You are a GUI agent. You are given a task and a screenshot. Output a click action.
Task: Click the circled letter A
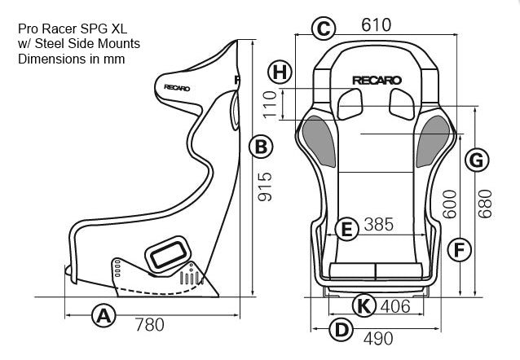tap(103, 315)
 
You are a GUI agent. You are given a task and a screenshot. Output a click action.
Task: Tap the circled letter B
tap(260, 147)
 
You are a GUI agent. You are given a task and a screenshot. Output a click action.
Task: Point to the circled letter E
tap(346, 230)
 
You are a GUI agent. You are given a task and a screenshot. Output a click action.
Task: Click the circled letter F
tap(460, 249)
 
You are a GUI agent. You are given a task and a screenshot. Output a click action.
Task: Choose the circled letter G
tap(478, 161)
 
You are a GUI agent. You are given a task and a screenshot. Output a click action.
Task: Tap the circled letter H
tap(280, 72)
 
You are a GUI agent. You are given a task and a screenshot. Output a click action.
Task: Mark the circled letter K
tap(364, 306)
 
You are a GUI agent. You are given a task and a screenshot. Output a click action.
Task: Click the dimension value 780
tap(148, 325)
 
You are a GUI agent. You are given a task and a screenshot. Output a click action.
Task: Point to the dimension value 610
tap(376, 25)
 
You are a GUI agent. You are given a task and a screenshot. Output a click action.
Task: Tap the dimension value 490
tap(377, 338)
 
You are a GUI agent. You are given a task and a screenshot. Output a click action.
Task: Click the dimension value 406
tap(394, 307)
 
